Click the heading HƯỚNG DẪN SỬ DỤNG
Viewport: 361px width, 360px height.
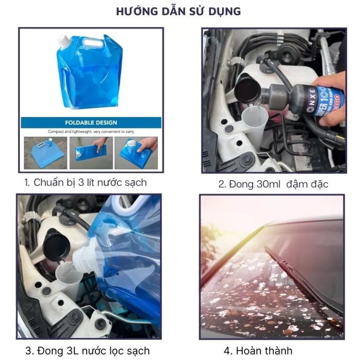(178, 12)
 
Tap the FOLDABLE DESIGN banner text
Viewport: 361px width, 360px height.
(91, 123)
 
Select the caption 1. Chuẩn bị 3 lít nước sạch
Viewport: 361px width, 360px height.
(85, 183)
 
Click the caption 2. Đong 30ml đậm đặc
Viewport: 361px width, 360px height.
(273, 184)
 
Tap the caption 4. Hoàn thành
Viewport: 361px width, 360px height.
(258, 351)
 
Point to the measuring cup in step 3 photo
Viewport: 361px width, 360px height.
(69, 280)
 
